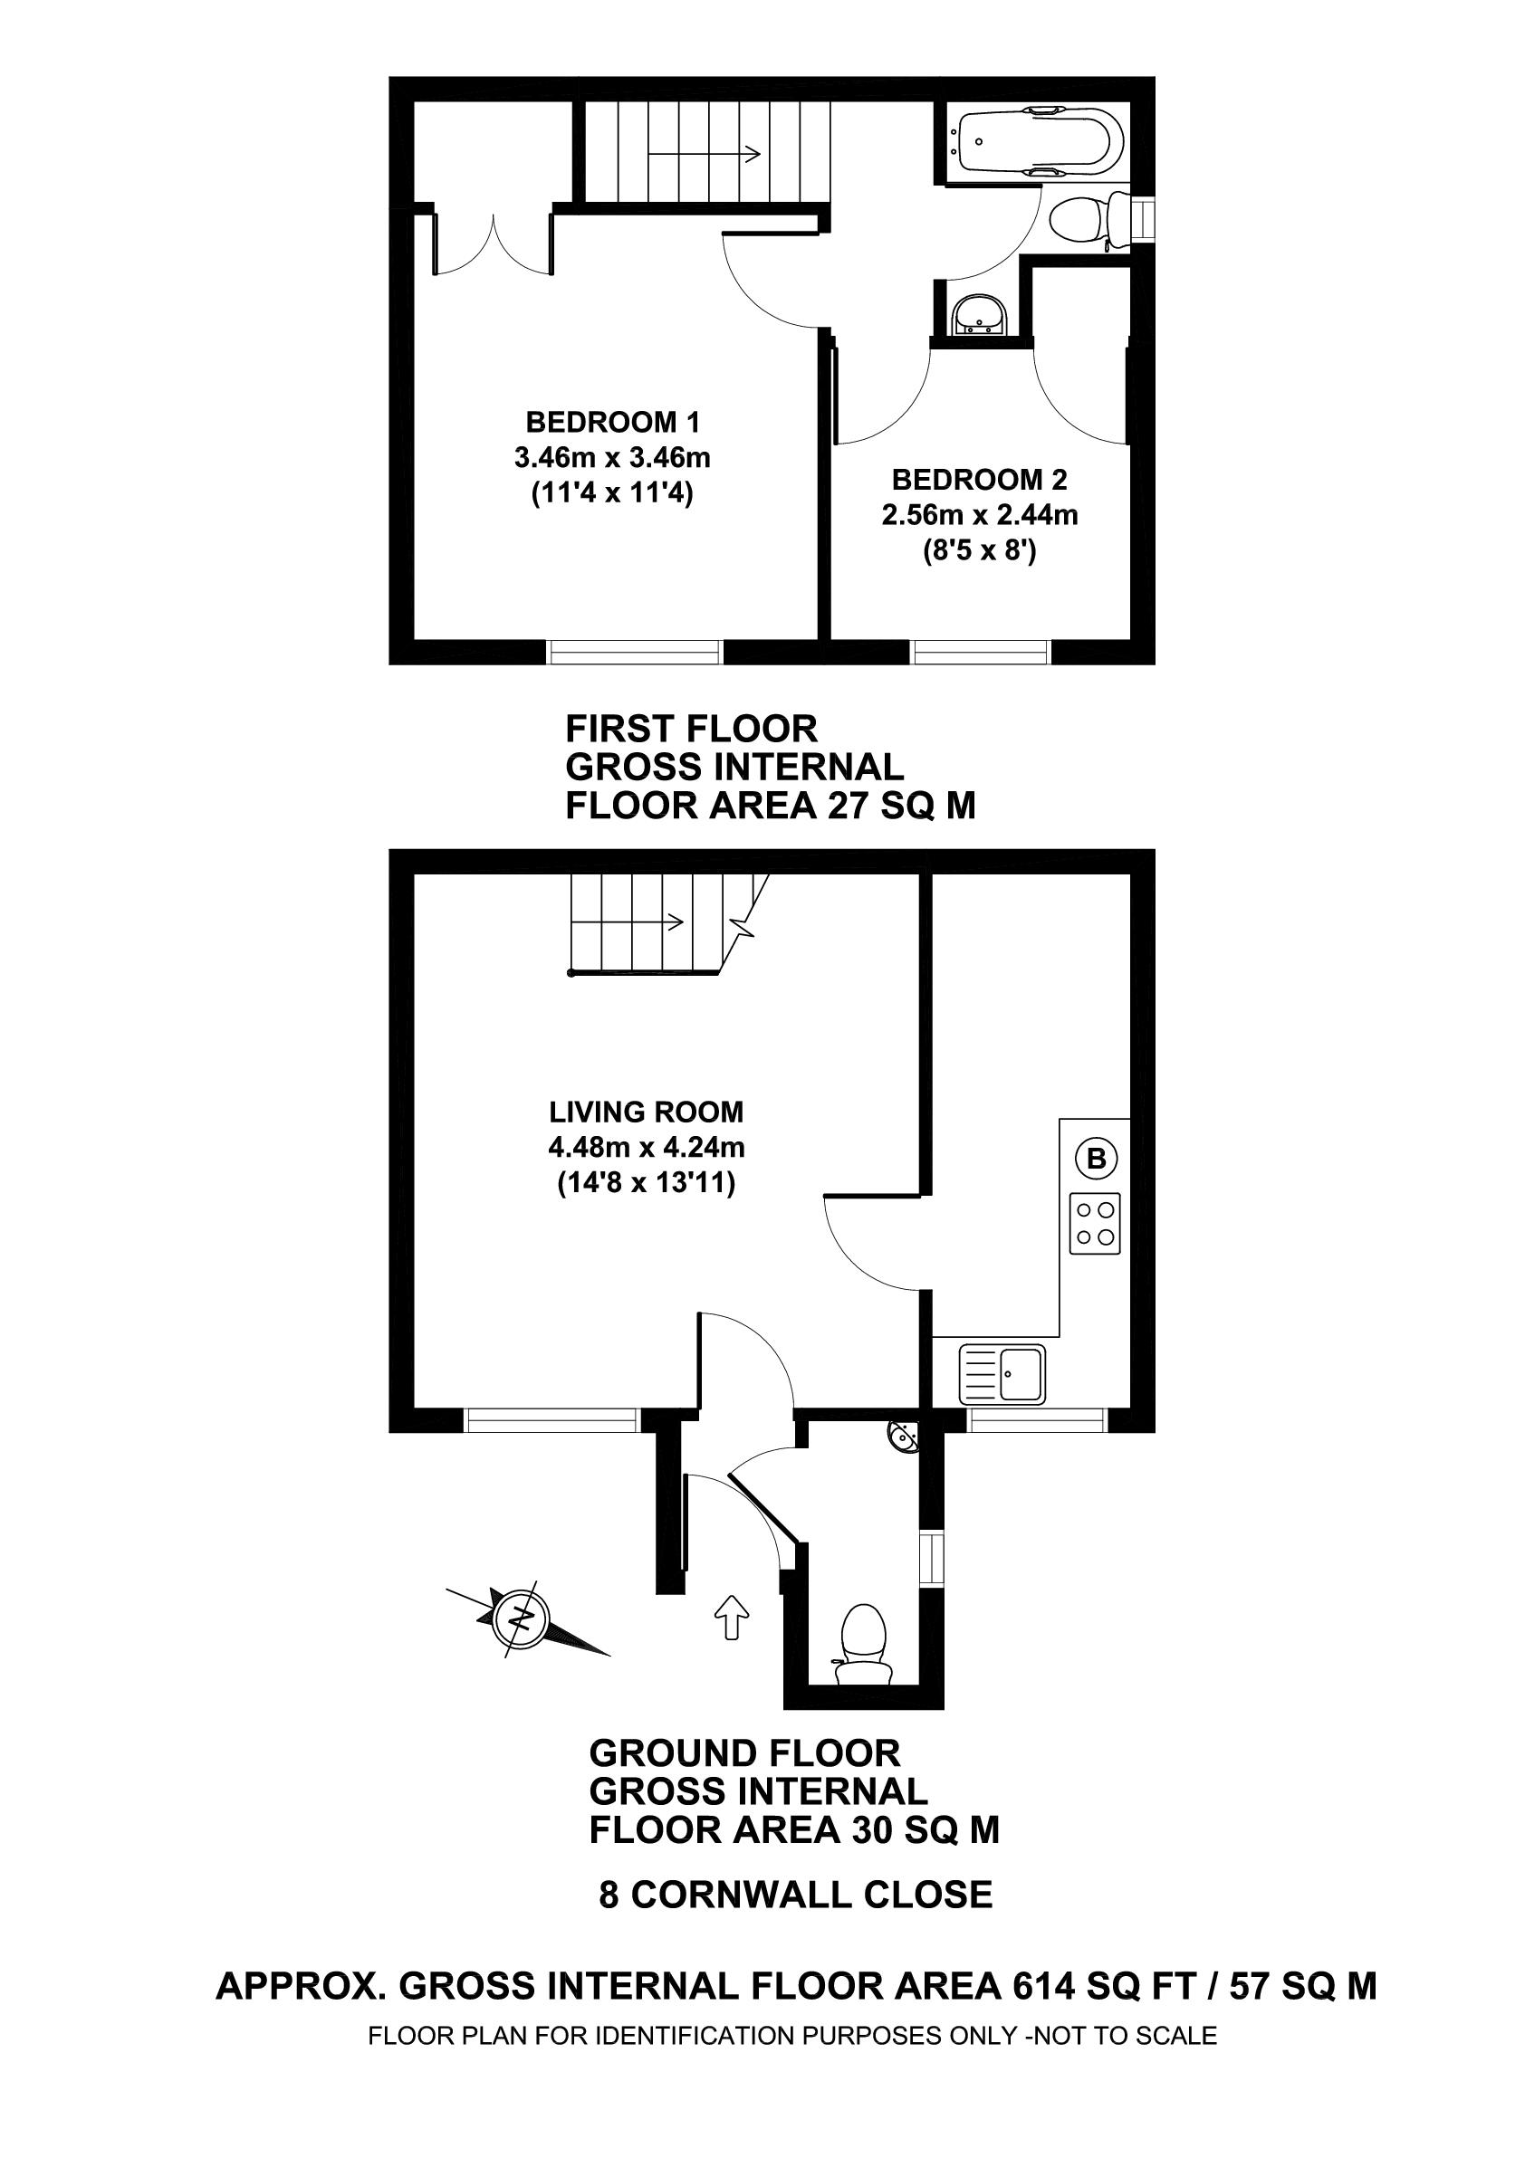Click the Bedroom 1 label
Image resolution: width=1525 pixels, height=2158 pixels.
[x=612, y=421]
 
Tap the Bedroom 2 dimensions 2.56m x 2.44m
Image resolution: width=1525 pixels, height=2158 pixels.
[x=979, y=516]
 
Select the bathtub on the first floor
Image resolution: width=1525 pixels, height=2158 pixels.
[x=1034, y=142]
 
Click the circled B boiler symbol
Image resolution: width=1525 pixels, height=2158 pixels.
[x=1097, y=1159]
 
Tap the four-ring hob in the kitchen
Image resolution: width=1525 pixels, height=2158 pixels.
[x=1096, y=1223]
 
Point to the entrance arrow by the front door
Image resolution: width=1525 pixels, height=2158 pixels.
[x=732, y=1616]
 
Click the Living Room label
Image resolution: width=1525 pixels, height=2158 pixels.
[x=646, y=1112]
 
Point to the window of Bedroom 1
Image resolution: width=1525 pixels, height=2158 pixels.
[x=635, y=651]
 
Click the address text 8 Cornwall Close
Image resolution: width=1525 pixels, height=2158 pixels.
[x=795, y=1895]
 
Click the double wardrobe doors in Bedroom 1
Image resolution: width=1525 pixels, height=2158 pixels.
[x=494, y=244]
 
